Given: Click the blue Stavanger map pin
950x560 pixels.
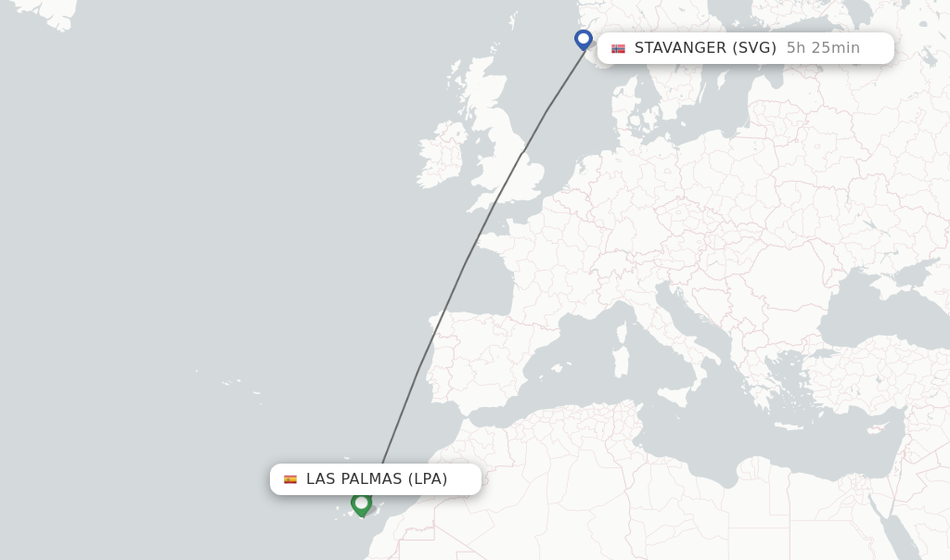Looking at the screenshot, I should click(x=584, y=39).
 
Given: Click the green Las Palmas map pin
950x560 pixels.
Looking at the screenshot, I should click(x=362, y=503).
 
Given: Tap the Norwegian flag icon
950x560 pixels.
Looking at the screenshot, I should click(x=618, y=48).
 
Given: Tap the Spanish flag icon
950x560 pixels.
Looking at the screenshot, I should click(x=290, y=479).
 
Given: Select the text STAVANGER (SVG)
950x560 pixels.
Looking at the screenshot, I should click(x=705, y=48).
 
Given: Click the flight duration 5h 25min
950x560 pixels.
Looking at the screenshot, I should click(x=823, y=48).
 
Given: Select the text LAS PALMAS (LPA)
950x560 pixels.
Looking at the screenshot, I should click(x=377, y=479).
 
